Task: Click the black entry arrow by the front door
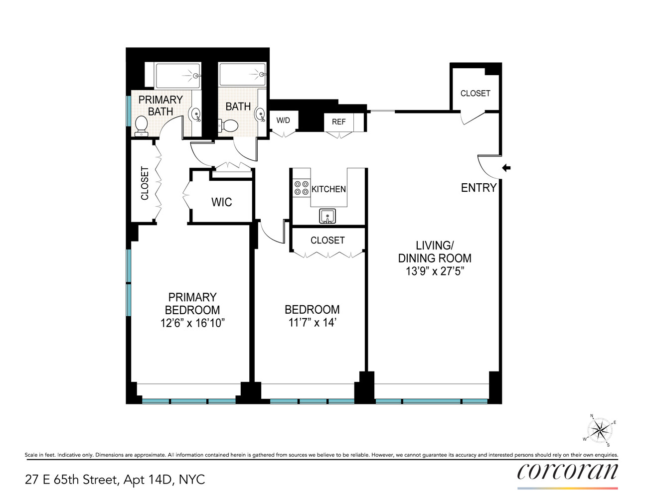point(506,168)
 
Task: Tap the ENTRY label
point(479,188)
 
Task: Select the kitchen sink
point(327,216)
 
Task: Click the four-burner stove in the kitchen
point(301,188)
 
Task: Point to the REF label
point(338,122)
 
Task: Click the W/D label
point(283,121)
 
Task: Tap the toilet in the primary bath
point(142,125)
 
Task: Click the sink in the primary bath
point(196,114)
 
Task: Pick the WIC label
point(221,202)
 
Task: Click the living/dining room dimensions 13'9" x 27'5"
point(435,271)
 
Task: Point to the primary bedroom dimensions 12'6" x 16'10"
point(192,323)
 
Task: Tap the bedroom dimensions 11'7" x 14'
point(312,323)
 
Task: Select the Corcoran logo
point(567,472)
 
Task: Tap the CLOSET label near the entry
point(475,93)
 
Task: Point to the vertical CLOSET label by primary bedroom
point(145,183)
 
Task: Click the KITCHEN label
point(328,189)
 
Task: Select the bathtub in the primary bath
point(177,76)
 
